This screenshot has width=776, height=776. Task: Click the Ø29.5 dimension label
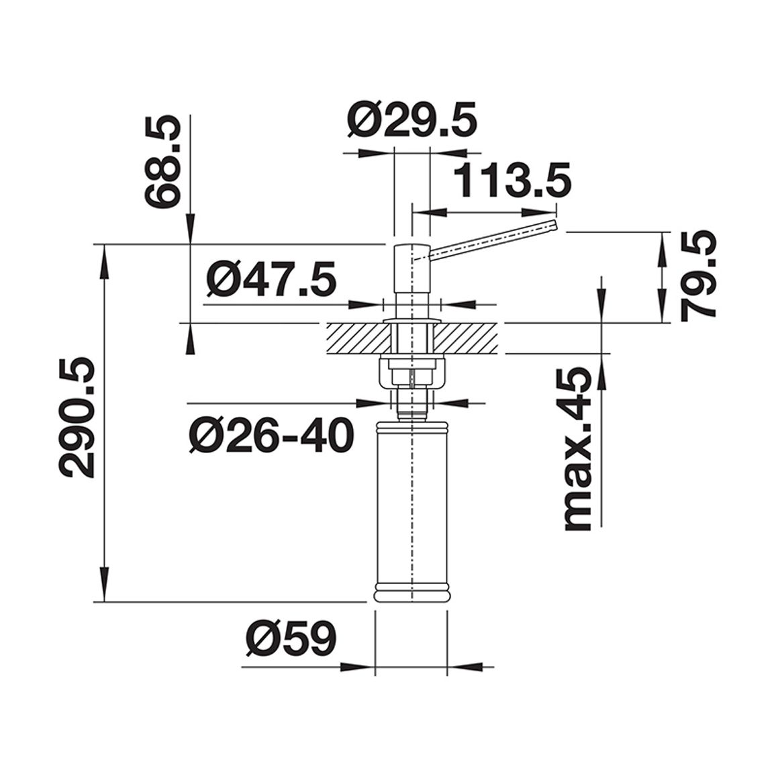click(411, 119)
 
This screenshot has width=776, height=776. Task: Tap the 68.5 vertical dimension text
click(161, 162)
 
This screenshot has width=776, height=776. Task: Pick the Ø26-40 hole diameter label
click(271, 435)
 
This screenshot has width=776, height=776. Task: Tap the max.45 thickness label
click(578, 449)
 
